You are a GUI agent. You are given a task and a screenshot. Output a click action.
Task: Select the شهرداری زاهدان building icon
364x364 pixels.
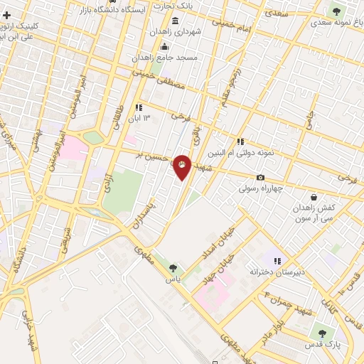coord(156,33)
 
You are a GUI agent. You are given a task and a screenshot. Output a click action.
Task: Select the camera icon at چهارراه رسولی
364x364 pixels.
coord(261,178)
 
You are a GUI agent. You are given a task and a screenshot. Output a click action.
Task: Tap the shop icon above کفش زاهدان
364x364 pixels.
coord(314,197)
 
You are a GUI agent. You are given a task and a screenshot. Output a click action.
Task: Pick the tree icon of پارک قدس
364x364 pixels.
coord(322,333)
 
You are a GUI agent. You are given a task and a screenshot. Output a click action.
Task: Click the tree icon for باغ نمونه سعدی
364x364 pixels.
coord(336,11)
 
